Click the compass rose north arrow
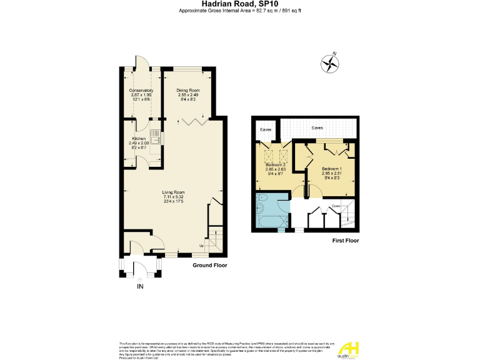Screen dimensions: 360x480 pos(329,62)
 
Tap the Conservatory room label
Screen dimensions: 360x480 pos(141,90)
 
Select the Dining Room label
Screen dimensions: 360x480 pos(187,90)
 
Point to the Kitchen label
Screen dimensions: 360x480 pos(139,138)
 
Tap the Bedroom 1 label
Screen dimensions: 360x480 pos(331,169)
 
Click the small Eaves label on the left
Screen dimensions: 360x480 pos(265,131)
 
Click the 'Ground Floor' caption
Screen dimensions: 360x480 pos(209,266)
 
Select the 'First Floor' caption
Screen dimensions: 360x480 pos(345,241)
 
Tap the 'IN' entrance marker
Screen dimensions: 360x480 pos(141,287)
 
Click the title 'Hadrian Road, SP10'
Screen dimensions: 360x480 pos(239,4)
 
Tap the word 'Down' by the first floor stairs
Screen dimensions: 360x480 pos(336,206)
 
